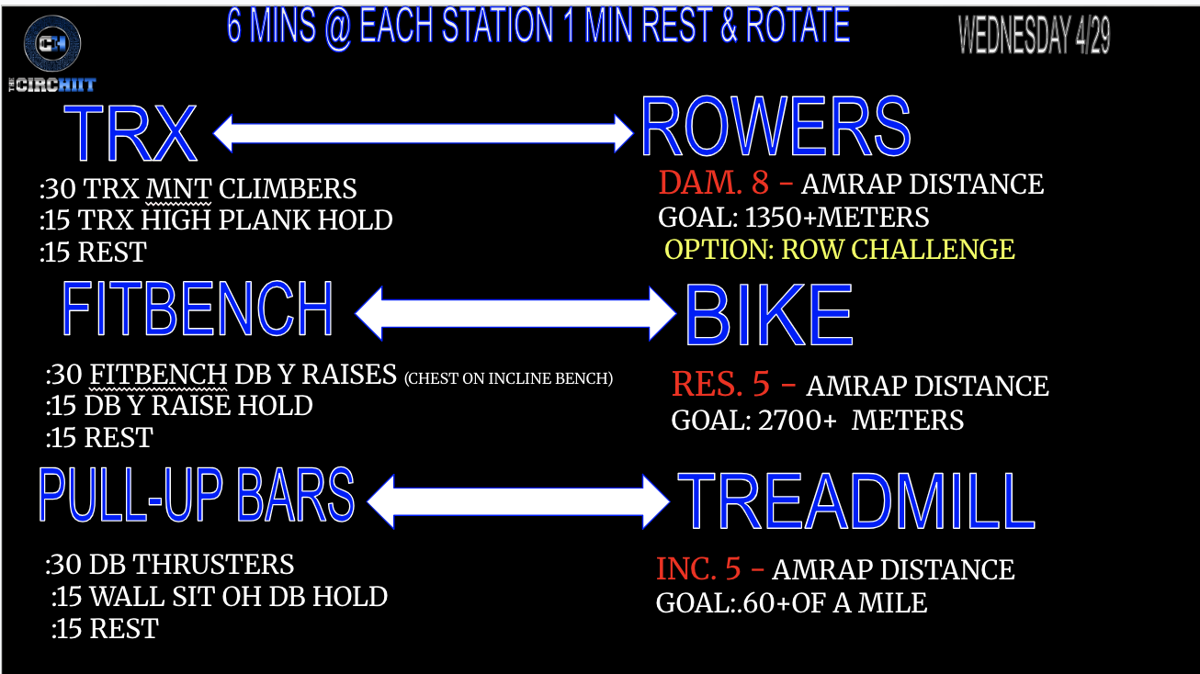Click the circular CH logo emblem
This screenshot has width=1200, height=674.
click(x=52, y=43)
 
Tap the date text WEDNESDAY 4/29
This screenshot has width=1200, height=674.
click(x=1034, y=35)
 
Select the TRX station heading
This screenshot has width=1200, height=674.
click(x=130, y=133)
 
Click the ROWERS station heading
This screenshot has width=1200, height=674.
click(x=775, y=127)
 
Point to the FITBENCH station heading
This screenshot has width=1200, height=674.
click(x=198, y=309)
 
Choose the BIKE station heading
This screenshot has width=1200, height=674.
click(x=769, y=315)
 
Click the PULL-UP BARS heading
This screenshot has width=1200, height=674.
click(x=196, y=494)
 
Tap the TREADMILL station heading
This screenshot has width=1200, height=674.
click(x=856, y=501)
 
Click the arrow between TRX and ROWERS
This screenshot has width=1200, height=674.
click(x=424, y=133)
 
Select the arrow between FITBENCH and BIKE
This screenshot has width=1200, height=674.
click(x=515, y=314)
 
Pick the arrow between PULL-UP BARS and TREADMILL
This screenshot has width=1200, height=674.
click(x=518, y=501)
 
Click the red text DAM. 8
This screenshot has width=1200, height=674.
click(x=714, y=183)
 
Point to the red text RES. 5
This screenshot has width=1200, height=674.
click(x=720, y=384)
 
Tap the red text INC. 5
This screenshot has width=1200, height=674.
click(x=698, y=568)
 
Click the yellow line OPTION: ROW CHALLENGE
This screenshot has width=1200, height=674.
click(x=840, y=250)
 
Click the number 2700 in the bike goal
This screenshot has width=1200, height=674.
click(x=790, y=421)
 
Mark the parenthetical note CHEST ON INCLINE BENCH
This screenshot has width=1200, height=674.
click(x=508, y=378)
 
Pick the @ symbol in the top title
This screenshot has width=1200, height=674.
click(x=337, y=28)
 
